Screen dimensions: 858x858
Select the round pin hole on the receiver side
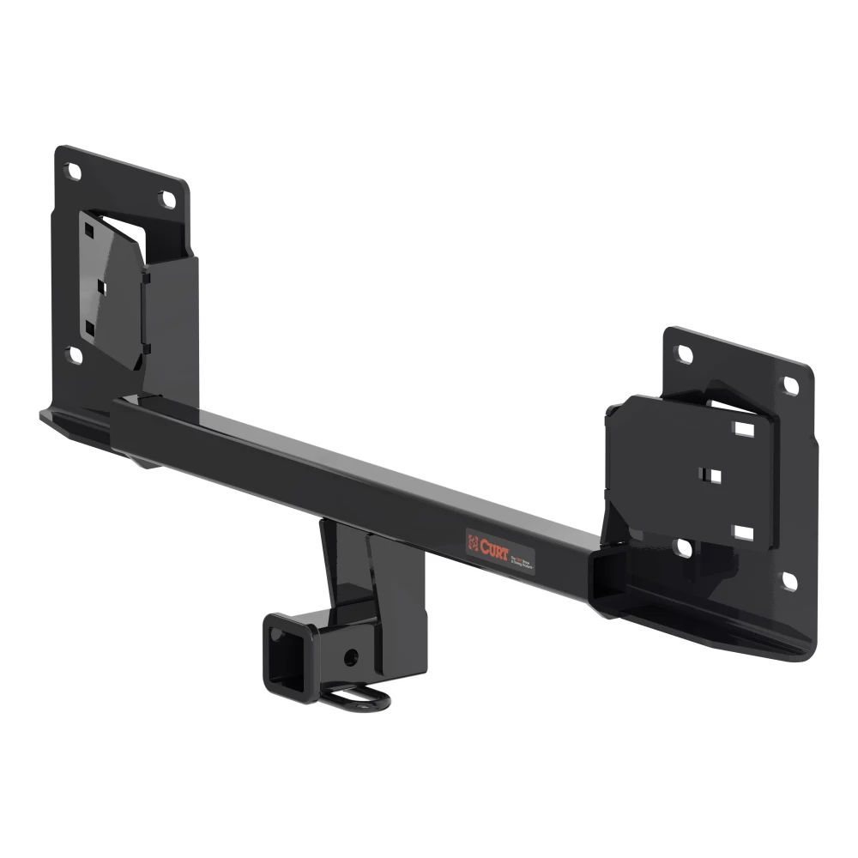pos(348,656)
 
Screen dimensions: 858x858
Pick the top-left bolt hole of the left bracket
pos(74,172)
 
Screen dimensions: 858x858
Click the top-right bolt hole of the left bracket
pos(168,199)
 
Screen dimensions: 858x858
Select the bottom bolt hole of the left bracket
pos(76,354)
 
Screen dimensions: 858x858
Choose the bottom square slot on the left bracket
pos(88,328)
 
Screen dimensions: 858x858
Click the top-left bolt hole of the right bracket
pos(684,353)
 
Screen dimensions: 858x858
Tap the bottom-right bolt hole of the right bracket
pos(789,581)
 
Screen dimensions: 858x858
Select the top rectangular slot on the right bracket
pos(744,429)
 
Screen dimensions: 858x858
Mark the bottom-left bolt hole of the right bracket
pos(684,547)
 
